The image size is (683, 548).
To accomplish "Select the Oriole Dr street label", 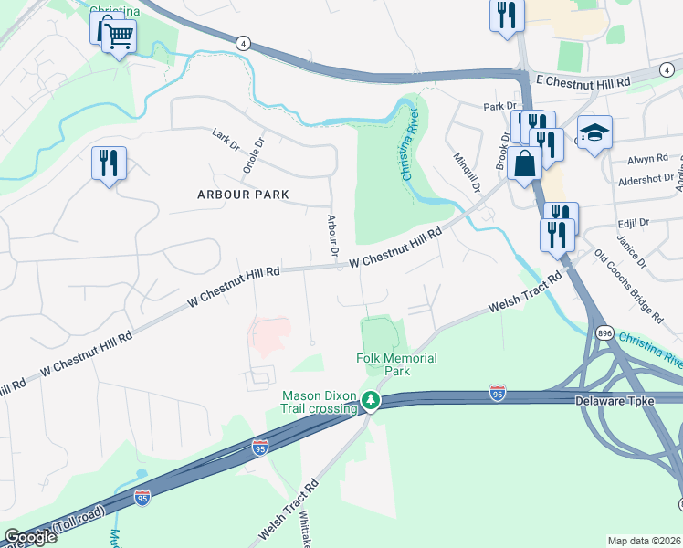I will click(x=253, y=154).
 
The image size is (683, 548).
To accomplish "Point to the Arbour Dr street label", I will click(x=332, y=235).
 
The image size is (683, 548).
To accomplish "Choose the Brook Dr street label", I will click(x=503, y=150).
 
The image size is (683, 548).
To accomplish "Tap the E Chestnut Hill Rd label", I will click(x=583, y=82).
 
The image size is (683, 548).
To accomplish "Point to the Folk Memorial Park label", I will click(x=396, y=365).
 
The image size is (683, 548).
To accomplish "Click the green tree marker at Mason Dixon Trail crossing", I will click(x=370, y=400).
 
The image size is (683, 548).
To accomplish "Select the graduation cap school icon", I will click(x=594, y=132).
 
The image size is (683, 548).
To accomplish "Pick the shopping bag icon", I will click(x=525, y=164).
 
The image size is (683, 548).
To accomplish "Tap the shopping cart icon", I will click(x=119, y=37).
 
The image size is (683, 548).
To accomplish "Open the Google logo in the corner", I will click(x=30, y=537).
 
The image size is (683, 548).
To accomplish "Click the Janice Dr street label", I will click(x=630, y=249).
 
